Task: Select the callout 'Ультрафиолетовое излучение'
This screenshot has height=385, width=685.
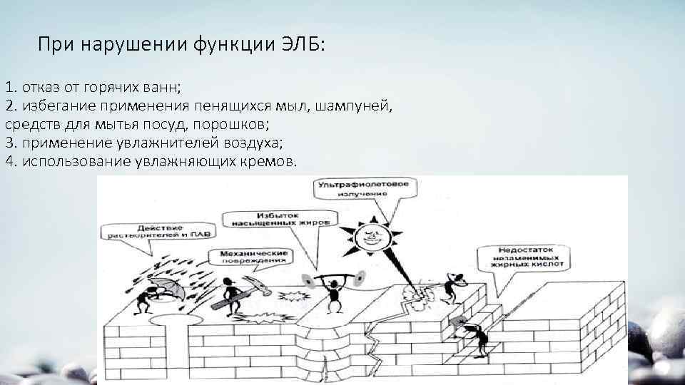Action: pyautogui.click(x=363, y=189)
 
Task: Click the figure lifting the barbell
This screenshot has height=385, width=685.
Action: pyautogui.click(x=330, y=292)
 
